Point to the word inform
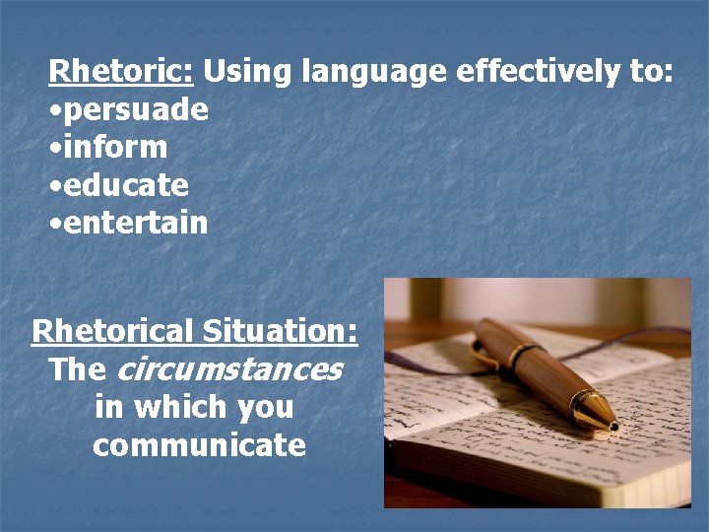(x=114, y=148)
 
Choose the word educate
(x=125, y=185)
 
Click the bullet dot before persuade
(x=54, y=110)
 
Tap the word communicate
(x=200, y=445)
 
